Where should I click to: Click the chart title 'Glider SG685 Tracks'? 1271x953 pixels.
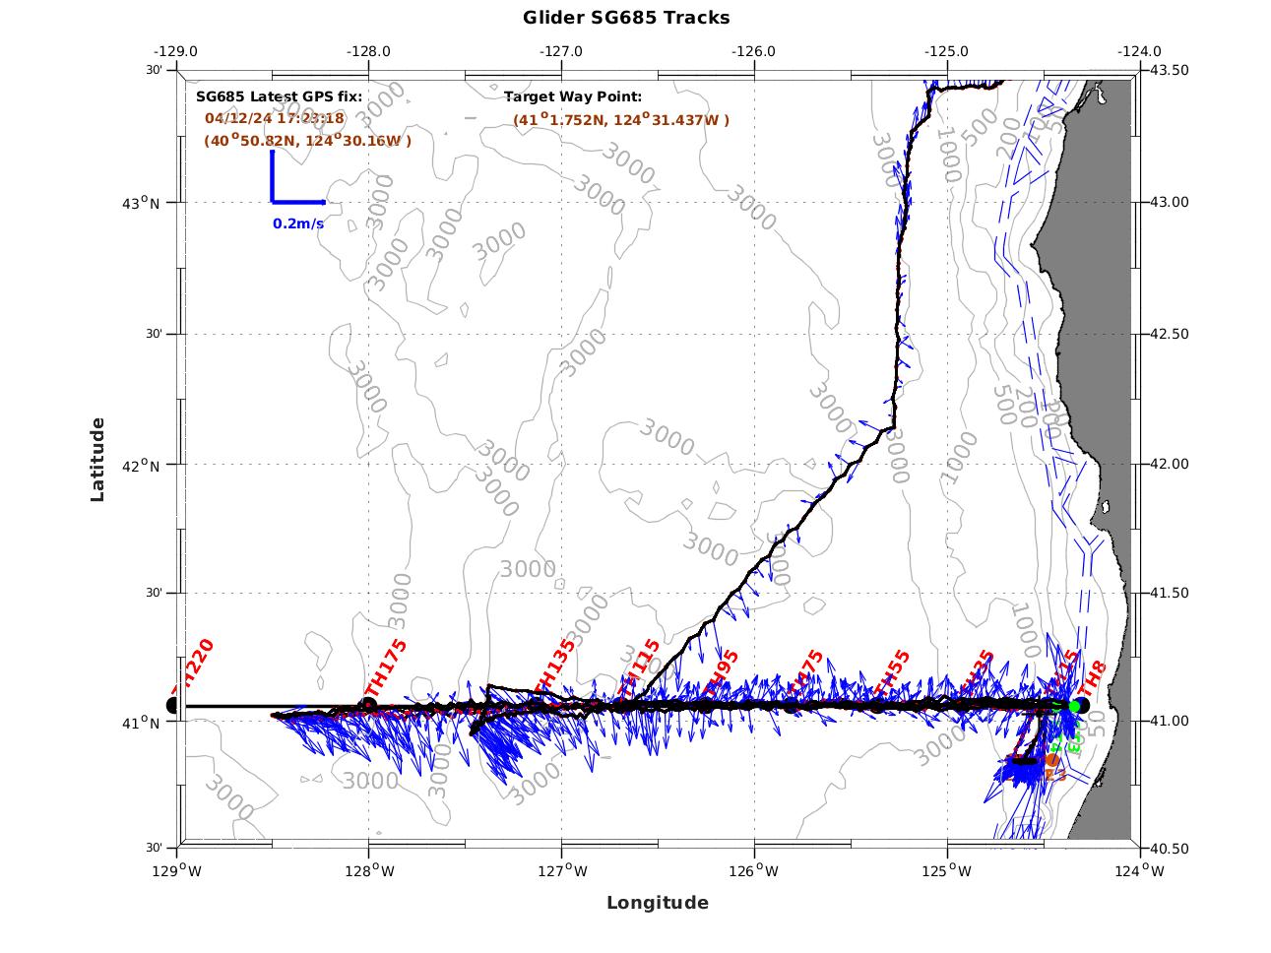[x=626, y=18]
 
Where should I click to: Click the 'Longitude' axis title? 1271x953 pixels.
[x=657, y=903]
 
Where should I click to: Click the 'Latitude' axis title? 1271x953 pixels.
[x=97, y=459]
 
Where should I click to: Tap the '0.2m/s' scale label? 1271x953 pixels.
[x=298, y=223]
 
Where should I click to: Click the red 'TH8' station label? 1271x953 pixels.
[x=1094, y=680]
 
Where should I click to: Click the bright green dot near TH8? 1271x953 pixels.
[x=1074, y=706]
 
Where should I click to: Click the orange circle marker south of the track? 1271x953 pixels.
[x=1052, y=760]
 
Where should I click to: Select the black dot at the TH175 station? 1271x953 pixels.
[x=369, y=705]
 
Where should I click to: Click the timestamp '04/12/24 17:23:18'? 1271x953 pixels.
[x=274, y=118]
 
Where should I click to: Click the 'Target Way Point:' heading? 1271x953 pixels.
[x=573, y=96]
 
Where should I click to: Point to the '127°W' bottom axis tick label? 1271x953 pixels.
[x=563, y=871]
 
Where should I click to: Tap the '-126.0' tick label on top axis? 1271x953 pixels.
[x=754, y=51]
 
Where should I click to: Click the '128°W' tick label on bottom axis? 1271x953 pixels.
[x=370, y=871]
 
